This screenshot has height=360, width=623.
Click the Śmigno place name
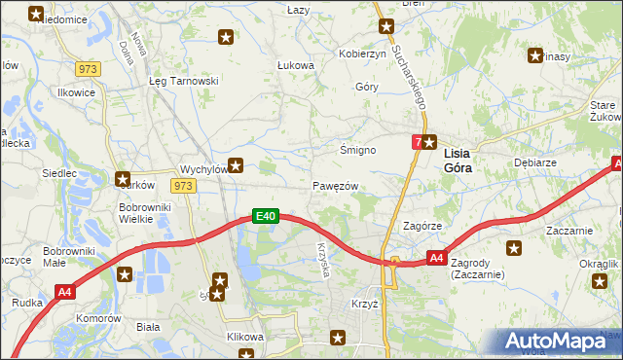tap(356, 150)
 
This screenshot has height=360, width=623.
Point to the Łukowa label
tap(295, 65)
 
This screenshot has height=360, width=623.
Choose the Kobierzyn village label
tap(362, 54)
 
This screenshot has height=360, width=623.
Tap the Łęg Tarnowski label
tap(182, 82)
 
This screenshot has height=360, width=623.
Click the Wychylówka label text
tap(203, 168)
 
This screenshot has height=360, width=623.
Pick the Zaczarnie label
tap(569, 231)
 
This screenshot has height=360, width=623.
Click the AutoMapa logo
tap(561, 342)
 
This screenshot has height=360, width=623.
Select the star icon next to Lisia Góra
tap(428, 142)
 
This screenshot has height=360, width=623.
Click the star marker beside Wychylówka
tap(235, 166)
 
